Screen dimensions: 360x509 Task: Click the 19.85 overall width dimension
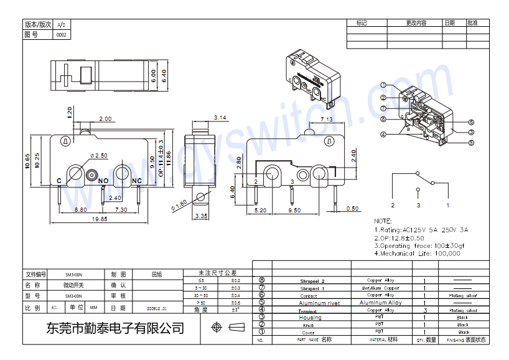click(x=100, y=219)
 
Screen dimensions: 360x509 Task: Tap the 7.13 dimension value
click(x=326, y=119)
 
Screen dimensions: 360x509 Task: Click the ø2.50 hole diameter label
click(x=99, y=155)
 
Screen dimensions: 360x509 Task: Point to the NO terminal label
click(x=103, y=181)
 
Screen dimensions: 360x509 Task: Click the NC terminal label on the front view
click(x=137, y=181)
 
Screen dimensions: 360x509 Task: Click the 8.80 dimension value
click(x=80, y=210)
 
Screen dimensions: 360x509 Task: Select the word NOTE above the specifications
click(x=383, y=221)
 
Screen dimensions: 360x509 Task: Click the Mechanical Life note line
click(x=417, y=253)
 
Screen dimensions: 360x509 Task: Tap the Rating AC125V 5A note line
click(x=421, y=229)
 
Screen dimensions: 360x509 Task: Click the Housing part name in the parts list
click(x=311, y=318)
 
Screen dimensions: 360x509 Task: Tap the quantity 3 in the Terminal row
click(x=424, y=310)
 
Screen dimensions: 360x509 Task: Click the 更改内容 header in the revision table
click(x=416, y=23)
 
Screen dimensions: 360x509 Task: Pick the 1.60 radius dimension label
click(x=180, y=204)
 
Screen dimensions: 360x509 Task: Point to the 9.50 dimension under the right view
click(x=293, y=211)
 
